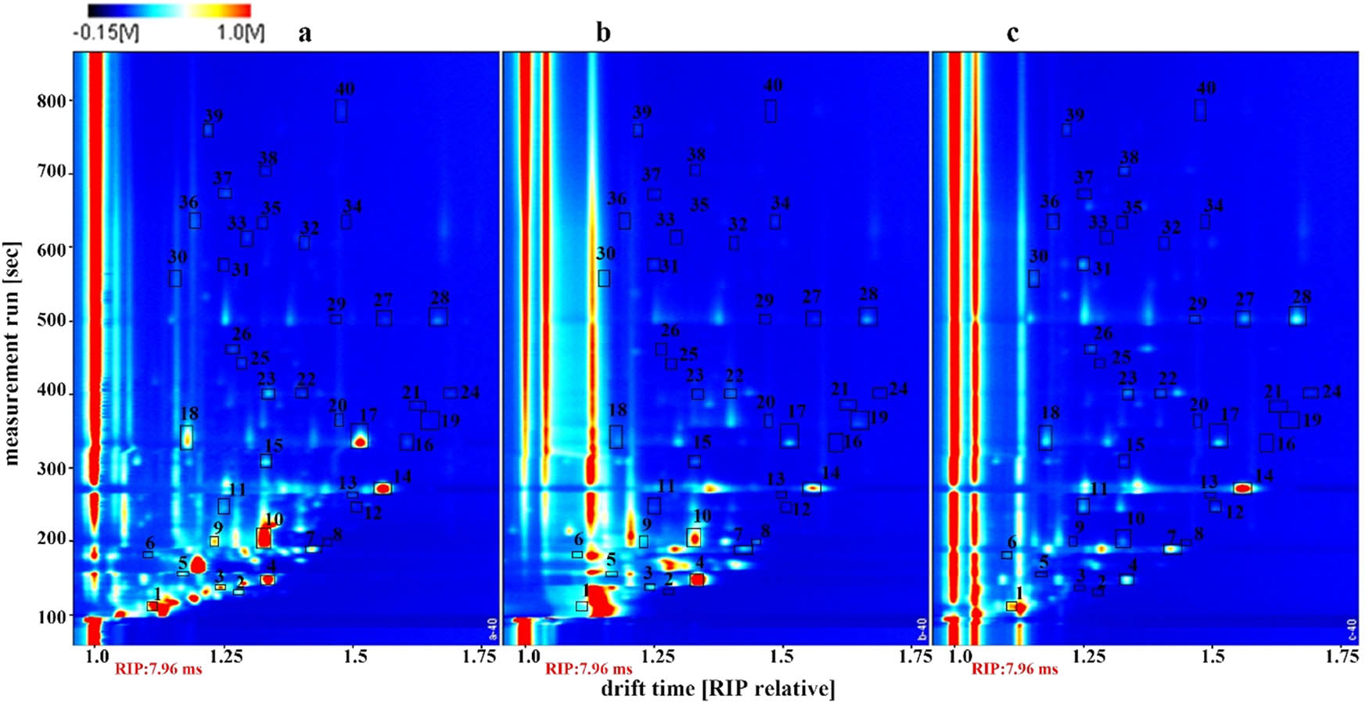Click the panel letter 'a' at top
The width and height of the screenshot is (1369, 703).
[304, 33]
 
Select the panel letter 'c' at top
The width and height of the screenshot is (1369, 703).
[1012, 33]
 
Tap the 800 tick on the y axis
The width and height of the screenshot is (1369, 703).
[52, 101]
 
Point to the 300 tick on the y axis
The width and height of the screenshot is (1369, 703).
[52, 468]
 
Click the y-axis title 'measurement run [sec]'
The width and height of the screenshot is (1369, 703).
[12, 352]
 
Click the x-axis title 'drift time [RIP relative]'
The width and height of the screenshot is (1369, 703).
[717, 689]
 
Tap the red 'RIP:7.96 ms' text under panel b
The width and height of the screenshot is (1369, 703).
[588, 669]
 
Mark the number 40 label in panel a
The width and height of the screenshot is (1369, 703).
[345, 88]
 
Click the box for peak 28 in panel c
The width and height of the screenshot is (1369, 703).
[1298, 315]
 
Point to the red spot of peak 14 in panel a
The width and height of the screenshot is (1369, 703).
[382, 488]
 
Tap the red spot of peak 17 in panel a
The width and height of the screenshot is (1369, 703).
[360, 442]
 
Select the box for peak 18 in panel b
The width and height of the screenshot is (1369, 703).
[616, 437]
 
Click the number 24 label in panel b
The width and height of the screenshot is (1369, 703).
[898, 389]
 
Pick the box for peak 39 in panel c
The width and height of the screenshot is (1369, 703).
[1066, 130]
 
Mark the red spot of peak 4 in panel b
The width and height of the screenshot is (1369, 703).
[697, 580]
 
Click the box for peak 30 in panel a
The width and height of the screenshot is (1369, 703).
[175, 278]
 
